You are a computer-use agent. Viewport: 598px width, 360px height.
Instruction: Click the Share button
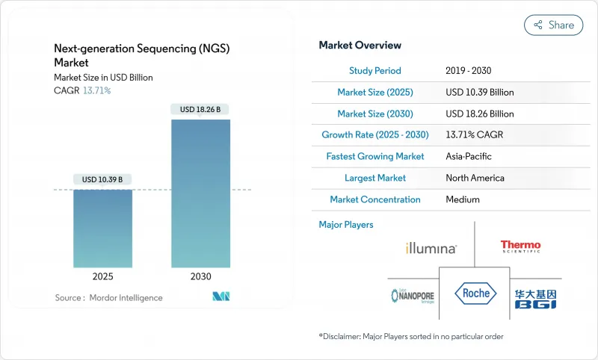click(553, 25)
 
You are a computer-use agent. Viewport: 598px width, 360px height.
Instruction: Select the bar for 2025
click(103, 228)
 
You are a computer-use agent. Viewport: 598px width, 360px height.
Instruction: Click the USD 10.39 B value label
click(103, 179)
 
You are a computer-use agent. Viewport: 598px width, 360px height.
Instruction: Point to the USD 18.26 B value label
click(200, 110)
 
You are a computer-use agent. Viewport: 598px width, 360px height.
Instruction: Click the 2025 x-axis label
click(103, 276)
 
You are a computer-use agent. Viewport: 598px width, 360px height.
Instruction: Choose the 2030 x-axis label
click(200, 276)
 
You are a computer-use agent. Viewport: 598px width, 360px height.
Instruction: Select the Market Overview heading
click(360, 46)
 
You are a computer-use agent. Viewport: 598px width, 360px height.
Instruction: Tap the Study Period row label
click(374, 71)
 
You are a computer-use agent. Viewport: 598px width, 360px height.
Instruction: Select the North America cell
click(475, 178)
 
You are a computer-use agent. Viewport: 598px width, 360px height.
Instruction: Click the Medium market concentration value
click(462, 199)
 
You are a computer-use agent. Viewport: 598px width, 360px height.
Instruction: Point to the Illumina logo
click(431, 248)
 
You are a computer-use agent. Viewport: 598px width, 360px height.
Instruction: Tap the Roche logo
click(475, 293)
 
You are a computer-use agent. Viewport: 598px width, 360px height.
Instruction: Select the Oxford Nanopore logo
click(413, 295)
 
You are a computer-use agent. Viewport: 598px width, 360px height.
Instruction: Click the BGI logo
click(535, 298)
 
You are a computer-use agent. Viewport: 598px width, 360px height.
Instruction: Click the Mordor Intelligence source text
click(108, 298)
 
